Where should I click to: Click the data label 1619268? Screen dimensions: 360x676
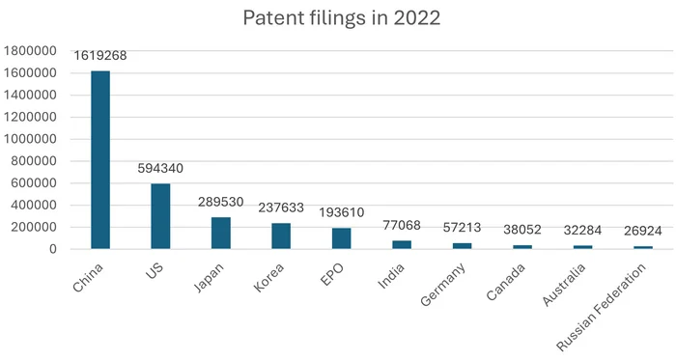click(x=100, y=56)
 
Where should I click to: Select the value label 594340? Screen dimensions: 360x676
click(x=160, y=169)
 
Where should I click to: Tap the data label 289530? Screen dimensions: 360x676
click(x=221, y=203)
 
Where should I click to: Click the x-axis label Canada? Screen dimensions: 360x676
click(x=507, y=281)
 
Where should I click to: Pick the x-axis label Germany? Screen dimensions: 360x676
click(x=445, y=284)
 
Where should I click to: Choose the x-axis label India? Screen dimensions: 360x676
click(x=392, y=274)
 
